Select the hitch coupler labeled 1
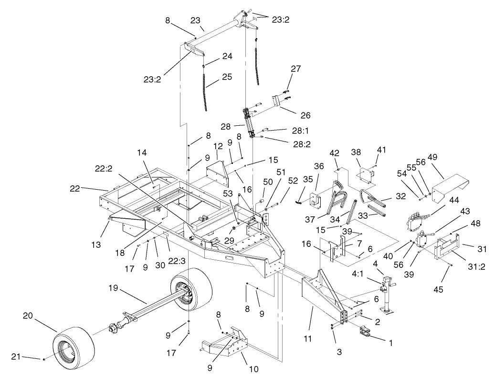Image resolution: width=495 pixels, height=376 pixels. point(365,333)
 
